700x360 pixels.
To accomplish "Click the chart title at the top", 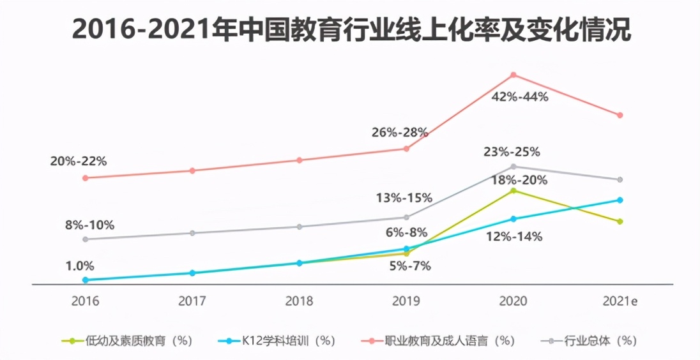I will [x=351, y=29].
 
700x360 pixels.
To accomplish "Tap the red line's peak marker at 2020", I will [x=513, y=75].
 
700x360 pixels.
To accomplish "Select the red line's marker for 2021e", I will [x=620, y=116].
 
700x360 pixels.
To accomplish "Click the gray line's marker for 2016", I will [x=85, y=239].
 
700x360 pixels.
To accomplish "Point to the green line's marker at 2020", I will [x=513, y=191].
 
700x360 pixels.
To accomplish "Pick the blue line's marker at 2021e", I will [x=620, y=200].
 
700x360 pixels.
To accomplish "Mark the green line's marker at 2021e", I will [x=620, y=221].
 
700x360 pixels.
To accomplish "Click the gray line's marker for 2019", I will [x=406, y=217].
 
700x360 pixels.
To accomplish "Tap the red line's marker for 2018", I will [x=299, y=160].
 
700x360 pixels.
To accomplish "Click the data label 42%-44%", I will [x=520, y=97].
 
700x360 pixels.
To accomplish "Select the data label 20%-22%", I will [x=79, y=161].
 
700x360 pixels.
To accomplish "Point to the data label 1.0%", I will [x=80, y=266].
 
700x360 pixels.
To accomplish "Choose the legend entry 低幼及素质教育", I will [x=127, y=341].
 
